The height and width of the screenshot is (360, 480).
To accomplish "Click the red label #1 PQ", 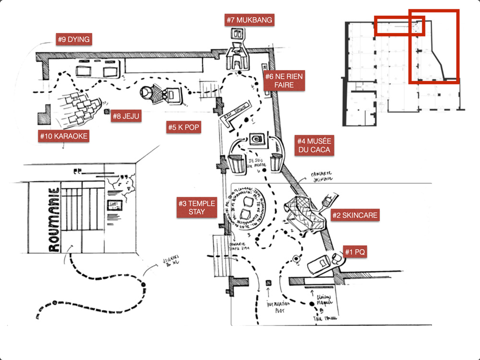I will click(x=356, y=252).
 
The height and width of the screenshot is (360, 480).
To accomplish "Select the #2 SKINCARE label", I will click(x=356, y=215).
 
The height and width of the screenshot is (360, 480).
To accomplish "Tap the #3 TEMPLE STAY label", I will click(x=196, y=207).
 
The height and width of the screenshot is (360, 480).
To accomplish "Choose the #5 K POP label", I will click(x=184, y=127).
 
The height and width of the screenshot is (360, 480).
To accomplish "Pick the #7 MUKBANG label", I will click(x=250, y=20).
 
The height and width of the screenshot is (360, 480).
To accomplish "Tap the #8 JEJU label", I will click(x=126, y=116).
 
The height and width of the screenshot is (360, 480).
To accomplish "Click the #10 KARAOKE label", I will click(x=64, y=136).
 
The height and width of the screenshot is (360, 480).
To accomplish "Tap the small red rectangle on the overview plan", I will click(x=399, y=26).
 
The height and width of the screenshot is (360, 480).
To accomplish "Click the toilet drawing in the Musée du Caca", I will click(x=258, y=139).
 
